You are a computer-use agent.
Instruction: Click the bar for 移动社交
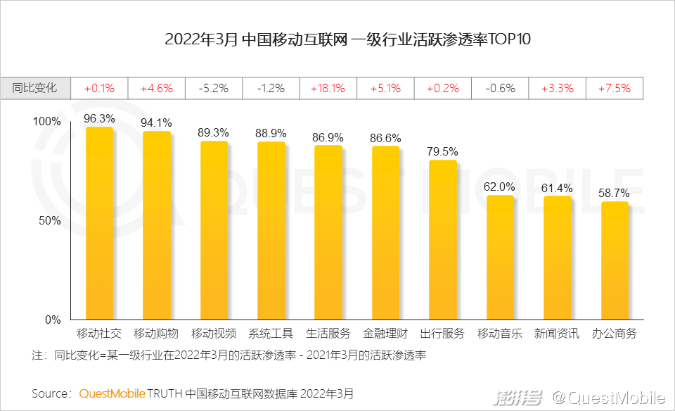click(99, 224)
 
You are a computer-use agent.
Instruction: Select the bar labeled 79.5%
click(443, 240)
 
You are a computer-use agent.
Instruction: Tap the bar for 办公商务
click(615, 261)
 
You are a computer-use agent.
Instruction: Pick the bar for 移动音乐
click(500, 258)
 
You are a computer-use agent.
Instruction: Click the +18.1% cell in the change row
click(328, 89)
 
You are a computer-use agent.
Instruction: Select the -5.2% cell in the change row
click(213, 89)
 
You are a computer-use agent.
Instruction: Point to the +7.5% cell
click(615, 89)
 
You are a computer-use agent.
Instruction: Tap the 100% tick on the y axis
click(48, 121)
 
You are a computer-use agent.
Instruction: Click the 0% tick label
click(53, 320)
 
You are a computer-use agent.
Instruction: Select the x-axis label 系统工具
click(271, 334)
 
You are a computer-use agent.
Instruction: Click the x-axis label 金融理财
click(385, 334)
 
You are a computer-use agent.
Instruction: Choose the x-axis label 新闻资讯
click(557, 334)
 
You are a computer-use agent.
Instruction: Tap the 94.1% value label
click(156, 122)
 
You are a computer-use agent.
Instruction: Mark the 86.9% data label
click(328, 137)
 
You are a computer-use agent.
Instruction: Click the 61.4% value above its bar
click(557, 188)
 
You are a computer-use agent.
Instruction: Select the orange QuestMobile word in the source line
click(112, 393)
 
